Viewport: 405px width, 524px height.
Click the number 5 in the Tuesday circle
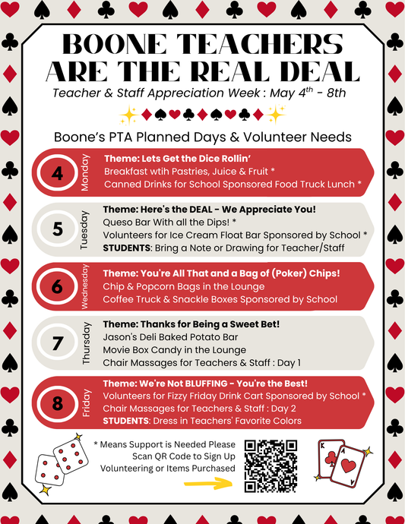click(x=57, y=228)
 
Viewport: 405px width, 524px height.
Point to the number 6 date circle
click(x=57, y=286)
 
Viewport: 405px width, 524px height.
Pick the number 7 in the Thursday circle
click(x=57, y=342)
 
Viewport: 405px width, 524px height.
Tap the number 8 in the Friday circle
click(x=57, y=402)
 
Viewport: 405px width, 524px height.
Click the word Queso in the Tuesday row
click(x=119, y=221)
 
